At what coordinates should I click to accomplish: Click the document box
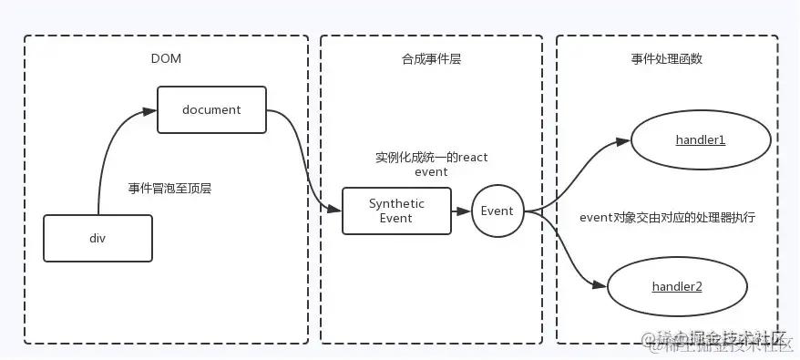point(211,109)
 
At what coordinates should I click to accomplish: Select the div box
point(97,238)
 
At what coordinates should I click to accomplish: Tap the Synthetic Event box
point(396,211)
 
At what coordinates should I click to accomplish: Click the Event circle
point(497,211)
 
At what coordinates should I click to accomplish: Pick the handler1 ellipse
point(699,140)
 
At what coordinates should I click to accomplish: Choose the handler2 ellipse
point(676,286)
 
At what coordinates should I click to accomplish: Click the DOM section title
point(166,58)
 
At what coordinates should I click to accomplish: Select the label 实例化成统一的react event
point(431,164)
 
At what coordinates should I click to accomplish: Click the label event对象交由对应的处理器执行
point(667,218)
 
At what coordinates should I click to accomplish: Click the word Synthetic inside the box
point(396,203)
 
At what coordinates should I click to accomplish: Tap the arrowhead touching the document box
point(150,110)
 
